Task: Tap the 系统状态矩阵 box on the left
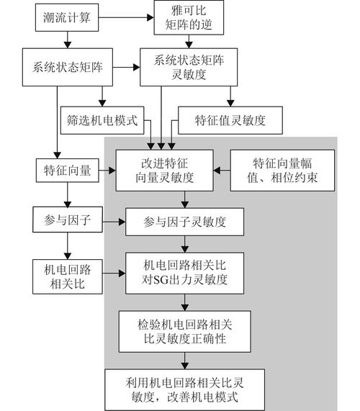point(67,68)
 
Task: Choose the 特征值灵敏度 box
point(230,119)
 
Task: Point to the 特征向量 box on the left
point(67,171)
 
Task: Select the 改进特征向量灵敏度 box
point(171,171)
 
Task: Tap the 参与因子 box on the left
point(67,220)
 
